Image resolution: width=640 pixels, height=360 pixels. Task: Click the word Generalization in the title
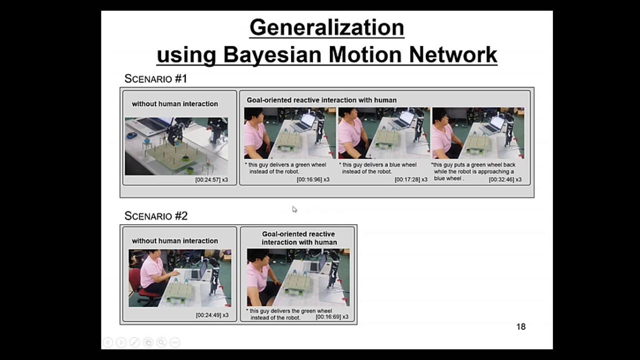point(326,27)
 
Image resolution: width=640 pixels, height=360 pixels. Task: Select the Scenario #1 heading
point(155,78)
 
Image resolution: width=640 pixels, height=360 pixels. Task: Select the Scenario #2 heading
point(155,215)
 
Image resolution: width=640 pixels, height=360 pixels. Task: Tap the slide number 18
point(520,326)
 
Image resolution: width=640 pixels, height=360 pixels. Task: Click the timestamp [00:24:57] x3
point(211,179)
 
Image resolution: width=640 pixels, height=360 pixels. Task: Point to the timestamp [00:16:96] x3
point(313,179)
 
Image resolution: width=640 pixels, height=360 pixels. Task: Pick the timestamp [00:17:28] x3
point(411,179)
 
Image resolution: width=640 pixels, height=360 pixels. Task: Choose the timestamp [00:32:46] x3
point(505,179)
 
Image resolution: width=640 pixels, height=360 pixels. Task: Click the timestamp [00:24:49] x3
point(212,315)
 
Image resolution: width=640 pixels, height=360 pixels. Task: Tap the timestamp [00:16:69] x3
point(332,317)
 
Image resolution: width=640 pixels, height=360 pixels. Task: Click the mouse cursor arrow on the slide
point(294,209)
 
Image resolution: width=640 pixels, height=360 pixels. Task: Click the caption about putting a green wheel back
point(473,171)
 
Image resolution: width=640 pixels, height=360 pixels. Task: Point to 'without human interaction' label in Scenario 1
point(174,104)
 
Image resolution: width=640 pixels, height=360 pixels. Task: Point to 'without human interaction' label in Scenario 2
point(174,241)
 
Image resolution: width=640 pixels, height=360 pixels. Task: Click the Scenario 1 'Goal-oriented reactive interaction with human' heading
point(321,100)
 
